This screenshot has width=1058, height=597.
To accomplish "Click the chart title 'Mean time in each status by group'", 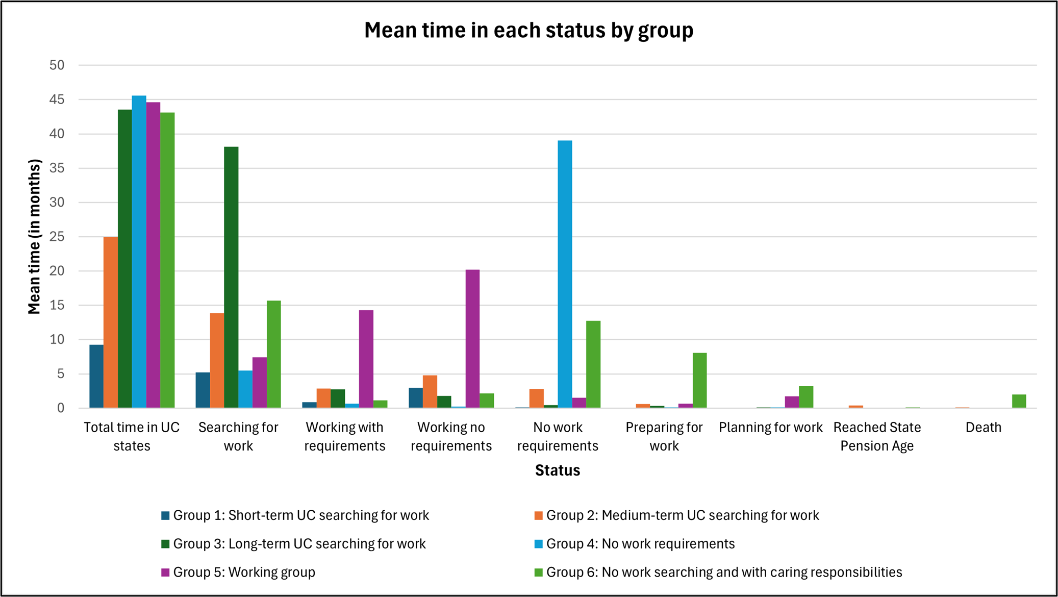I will tap(528, 31).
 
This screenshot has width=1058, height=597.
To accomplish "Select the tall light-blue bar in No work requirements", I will tap(565, 274).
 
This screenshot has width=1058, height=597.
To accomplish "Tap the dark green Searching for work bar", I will tap(231, 277).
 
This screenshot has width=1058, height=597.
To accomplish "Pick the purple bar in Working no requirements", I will tap(472, 338).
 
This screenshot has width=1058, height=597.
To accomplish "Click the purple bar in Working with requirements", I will tap(366, 359).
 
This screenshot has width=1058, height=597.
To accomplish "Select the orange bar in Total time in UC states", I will tap(111, 322).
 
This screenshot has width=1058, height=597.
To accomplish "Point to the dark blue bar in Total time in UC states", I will tap(96, 376).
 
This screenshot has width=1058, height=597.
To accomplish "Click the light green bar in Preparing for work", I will tap(699, 380).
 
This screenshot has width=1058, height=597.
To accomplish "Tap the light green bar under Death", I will tap(1019, 401).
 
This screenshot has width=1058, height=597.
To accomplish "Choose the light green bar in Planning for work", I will tap(806, 396).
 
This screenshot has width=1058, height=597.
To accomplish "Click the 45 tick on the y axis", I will tap(57, 99).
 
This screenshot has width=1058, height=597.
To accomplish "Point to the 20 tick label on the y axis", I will tap(57, 271).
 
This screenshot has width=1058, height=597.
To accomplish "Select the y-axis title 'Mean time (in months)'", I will tap(34, 236).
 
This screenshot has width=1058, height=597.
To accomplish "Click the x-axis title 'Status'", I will tap(557, 470).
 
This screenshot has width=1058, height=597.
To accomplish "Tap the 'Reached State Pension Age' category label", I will tap(877, 436).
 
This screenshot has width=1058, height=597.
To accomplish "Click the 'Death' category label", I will tap(983, 428).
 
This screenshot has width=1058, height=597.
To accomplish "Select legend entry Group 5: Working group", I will tap(244, 572).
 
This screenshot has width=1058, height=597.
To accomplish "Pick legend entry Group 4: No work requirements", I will tap(640, 543).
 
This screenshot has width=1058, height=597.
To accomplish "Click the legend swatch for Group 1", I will tap(165, 515).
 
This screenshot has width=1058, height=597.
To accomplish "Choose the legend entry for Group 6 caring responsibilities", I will tap(723, 572).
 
